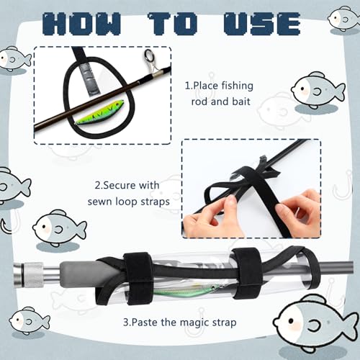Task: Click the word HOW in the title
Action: [x=82, y=24]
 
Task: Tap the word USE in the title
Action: [x=262, y=24]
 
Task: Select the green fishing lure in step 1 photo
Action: [x=99, y=112]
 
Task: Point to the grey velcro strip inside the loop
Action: [x=91, y=79]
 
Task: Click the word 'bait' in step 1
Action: [x=241, y=102]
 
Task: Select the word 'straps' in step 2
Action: [x=156, y=202]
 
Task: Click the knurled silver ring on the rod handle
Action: [x=33, y=274]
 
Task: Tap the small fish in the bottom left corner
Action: [x=30, y=320]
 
